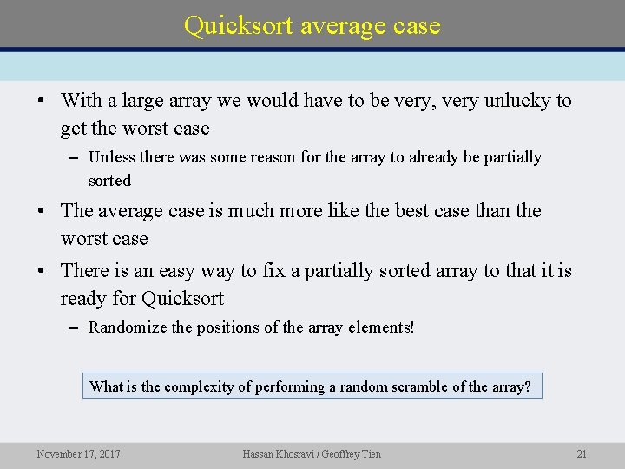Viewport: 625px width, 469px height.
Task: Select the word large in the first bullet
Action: (x=143, y=101)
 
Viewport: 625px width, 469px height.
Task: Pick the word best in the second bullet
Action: (x=414, y=211)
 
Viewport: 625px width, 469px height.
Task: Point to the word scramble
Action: (x=418, y=386)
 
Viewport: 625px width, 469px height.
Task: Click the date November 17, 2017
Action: (x=78, y=453)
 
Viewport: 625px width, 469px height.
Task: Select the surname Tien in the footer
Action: (x=370, y=453)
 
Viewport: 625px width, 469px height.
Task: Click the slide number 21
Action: (x=582, y=453)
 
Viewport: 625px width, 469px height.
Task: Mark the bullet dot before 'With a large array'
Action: (x=42, y=101)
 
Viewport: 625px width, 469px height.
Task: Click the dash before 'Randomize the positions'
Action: (x=74, y=327)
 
